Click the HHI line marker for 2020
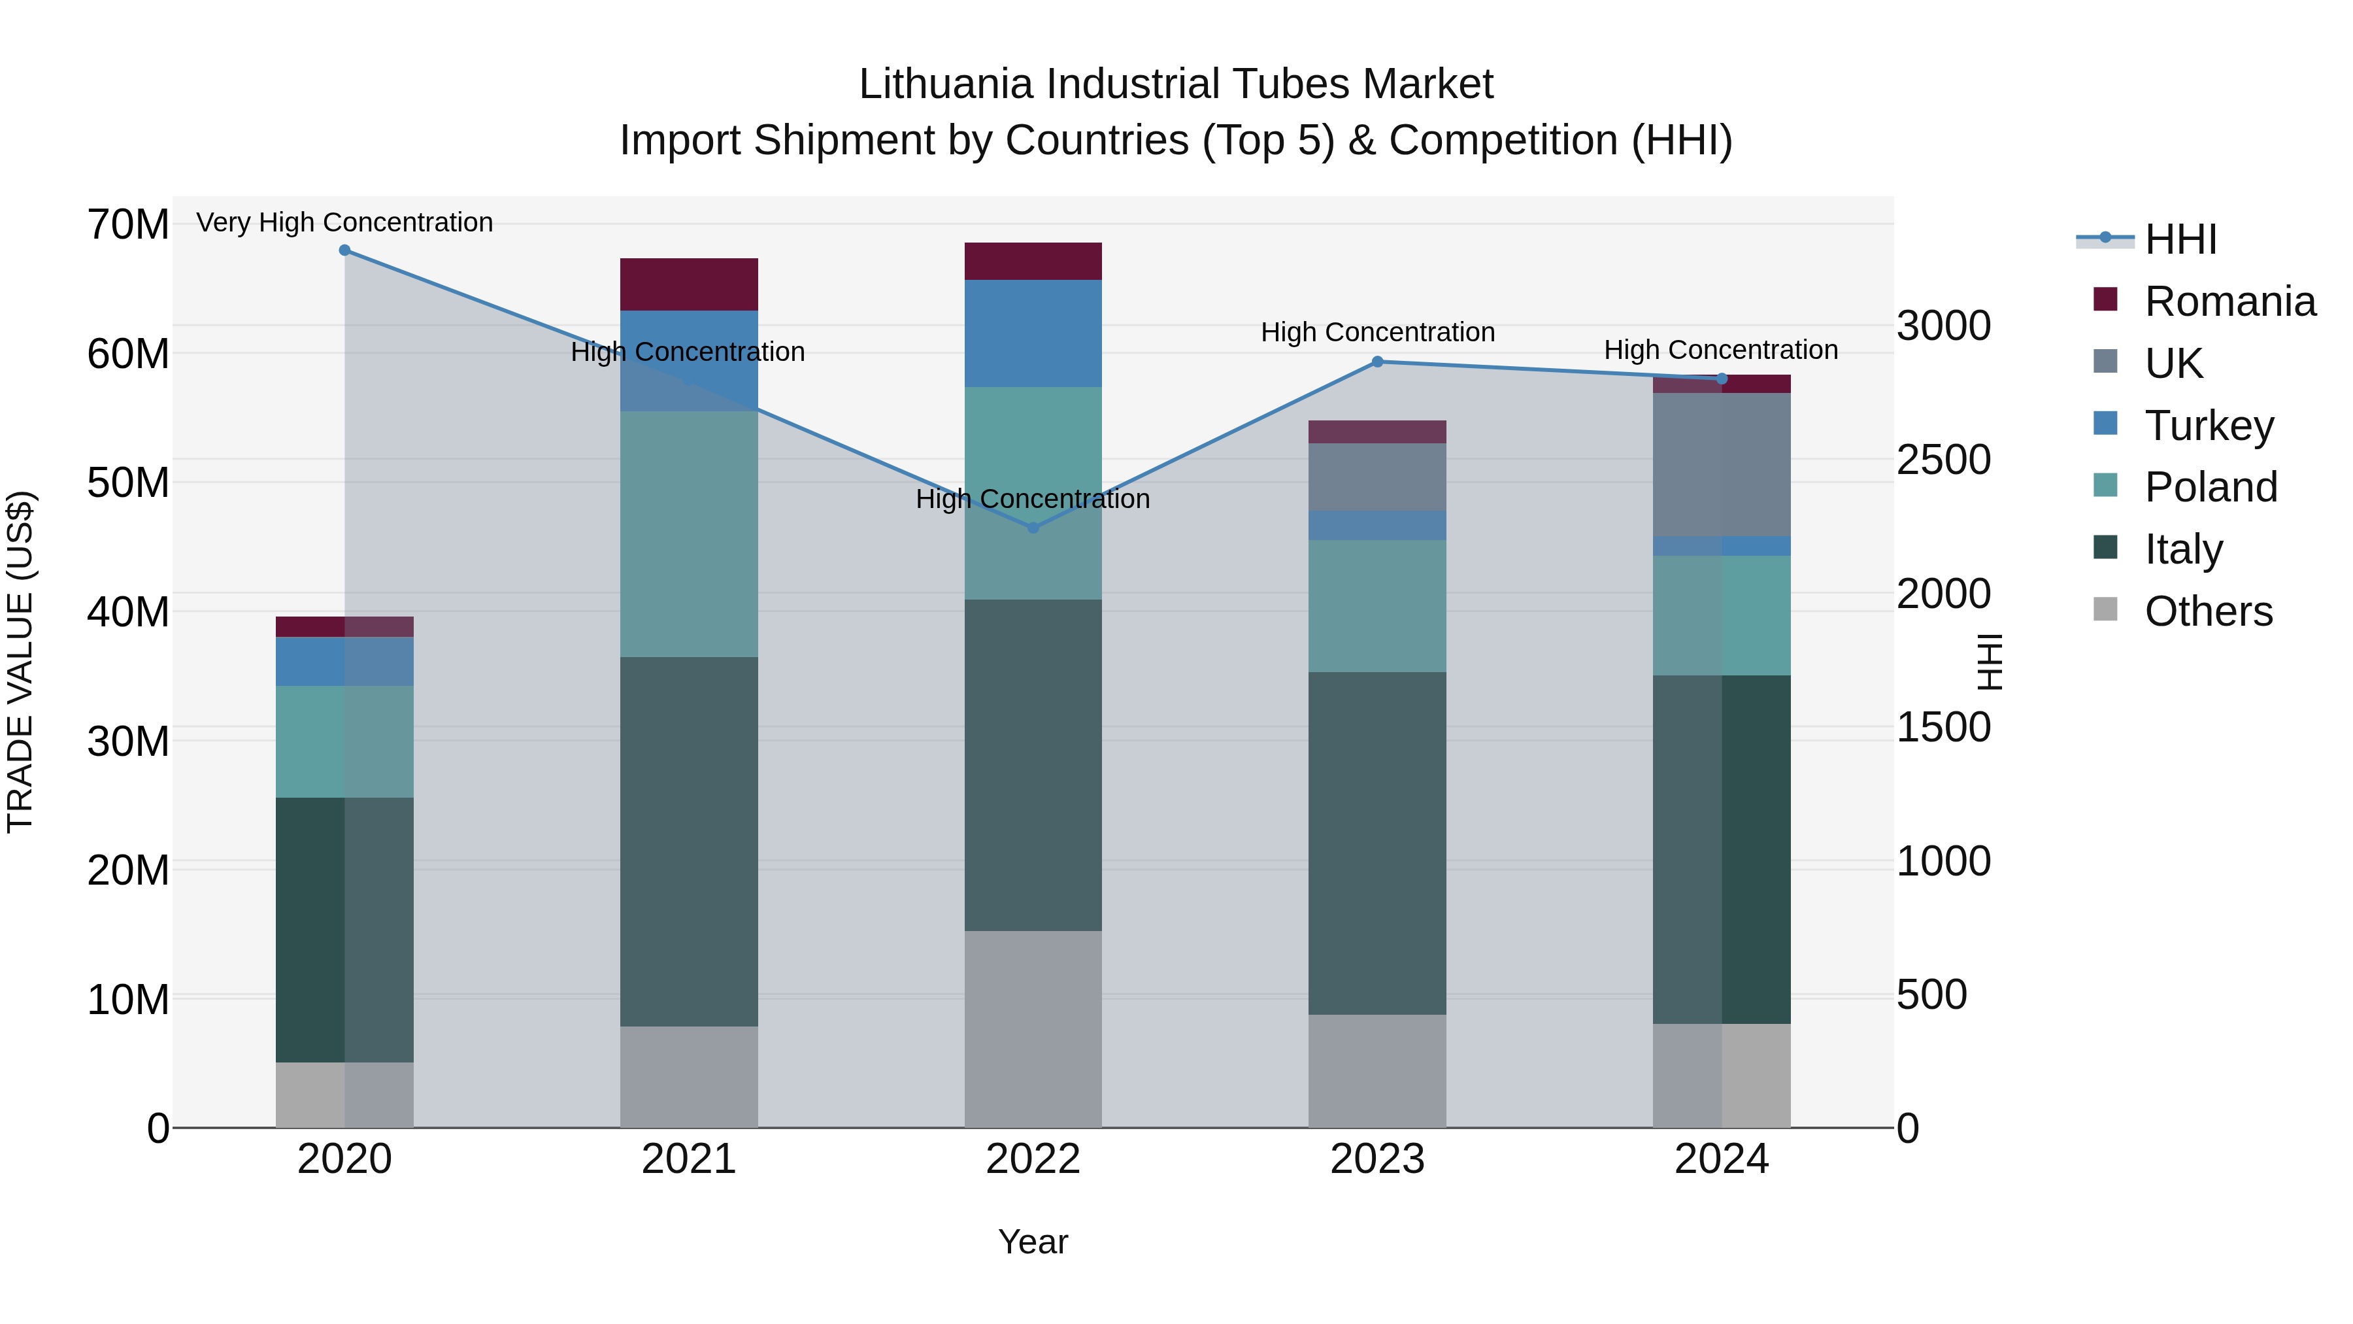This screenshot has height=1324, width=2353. click(x=344, y=250)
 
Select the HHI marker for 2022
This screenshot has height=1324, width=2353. click(x=1033, y=527)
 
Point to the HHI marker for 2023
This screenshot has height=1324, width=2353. click(x=1377, y=362)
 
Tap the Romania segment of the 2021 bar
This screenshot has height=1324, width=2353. click(x=689, y=284)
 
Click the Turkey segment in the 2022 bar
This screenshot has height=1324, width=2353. click(x=1033, y=333)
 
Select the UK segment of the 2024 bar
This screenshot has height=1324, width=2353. click(x=1722, y=464)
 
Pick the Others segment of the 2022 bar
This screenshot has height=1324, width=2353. click(x=1033, y=1029)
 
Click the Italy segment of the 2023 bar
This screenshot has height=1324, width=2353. click(x=1377, y=843)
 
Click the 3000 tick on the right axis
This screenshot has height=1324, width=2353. click(x=1944, y=326)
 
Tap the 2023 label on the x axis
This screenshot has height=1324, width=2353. click(x=1377, y=1159)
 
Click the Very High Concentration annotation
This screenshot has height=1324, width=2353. click(x=344, y=222)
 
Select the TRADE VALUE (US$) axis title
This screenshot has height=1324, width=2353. click(x=21, y=662)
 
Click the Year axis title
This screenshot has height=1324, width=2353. click(x=1033, y=1242)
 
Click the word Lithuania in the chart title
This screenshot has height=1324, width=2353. click(x=946, y=84)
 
